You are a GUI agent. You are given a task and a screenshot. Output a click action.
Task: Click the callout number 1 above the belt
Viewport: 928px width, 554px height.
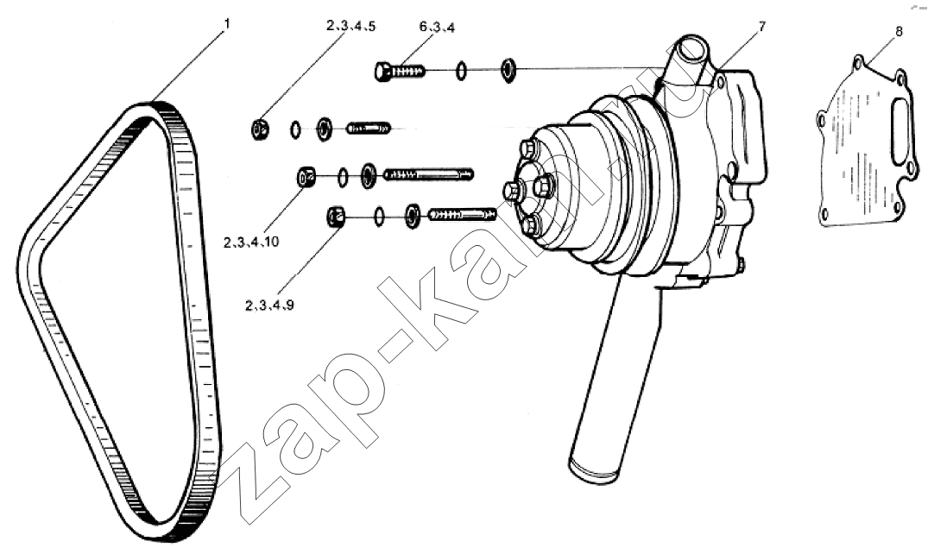pos(227,23)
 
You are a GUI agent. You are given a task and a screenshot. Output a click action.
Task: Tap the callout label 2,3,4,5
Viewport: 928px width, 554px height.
pos(350,26)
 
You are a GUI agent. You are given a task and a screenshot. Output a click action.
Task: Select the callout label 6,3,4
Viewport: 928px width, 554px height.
pos(437,28)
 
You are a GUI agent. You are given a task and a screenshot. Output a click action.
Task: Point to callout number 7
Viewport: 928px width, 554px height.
pos(761,26)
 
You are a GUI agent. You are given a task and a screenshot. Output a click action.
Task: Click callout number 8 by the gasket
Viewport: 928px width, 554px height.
pos(899,31)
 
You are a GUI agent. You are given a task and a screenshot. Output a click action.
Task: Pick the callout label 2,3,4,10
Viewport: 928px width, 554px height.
pos(251,242)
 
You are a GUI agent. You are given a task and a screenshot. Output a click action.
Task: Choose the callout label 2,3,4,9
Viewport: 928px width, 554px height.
pos(270,305)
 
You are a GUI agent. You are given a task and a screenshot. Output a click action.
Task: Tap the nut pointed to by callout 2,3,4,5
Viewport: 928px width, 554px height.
pos(261,129)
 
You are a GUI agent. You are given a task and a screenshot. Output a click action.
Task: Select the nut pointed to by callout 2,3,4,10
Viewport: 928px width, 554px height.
pos(306,177)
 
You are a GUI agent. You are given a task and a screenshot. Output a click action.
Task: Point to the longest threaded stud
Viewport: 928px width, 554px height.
pos(429,174)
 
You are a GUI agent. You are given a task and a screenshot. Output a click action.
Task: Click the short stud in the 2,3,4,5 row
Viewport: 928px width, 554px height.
pos(368,127)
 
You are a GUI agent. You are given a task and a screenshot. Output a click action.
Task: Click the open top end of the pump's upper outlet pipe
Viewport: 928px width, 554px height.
pos(692,44)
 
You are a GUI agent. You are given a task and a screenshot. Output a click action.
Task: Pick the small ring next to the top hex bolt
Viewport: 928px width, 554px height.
pos(461,72)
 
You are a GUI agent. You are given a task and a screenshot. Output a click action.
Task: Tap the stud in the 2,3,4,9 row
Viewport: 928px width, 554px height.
pos(463,214)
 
